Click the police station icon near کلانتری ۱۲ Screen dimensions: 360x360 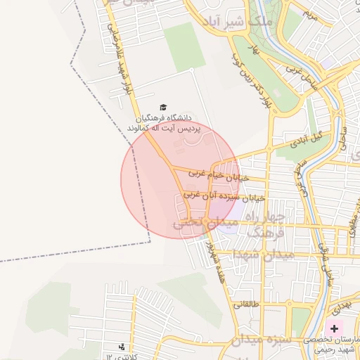pos(122,347)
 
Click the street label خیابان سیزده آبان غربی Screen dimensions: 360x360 pos(224,196)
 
